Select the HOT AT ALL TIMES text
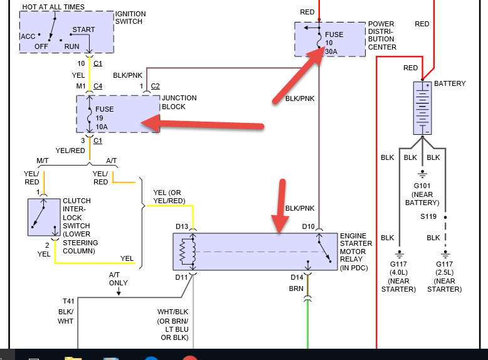coord(53,7)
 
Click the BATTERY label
coord(450,83)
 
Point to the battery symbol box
coord(422,107)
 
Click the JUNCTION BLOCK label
coord(179,102)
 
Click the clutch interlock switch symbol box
coord(43,217)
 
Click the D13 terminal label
coord(182,226)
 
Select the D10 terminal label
coord(308,226)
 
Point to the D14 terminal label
coord(297,277)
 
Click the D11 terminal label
coord(182,277)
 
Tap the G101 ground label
coord(422,186)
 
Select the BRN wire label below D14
coord(296,289)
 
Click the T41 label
coord(68,300)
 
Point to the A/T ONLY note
coord(118,278)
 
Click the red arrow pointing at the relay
coord(280,205)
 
